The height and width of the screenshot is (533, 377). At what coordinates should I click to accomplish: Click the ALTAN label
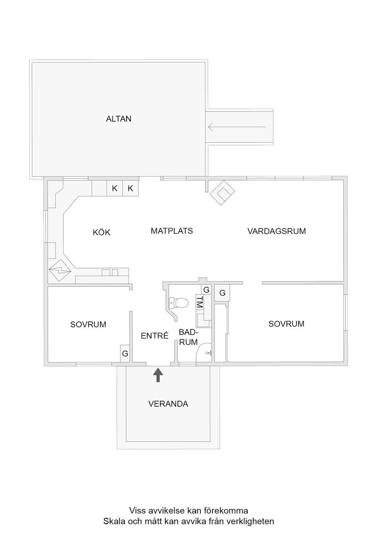coord(119,119)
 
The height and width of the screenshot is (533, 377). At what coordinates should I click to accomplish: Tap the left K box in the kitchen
coord(115,188)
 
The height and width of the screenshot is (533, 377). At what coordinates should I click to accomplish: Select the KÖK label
coord(101,232)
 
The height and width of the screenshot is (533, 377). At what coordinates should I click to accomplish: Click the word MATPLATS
coord(172,231)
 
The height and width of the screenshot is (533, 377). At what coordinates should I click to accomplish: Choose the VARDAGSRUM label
coord(276,231)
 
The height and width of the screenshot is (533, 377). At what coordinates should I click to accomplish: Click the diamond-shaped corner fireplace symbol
coord(222,193)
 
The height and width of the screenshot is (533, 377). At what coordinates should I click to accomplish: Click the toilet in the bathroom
coord(178,303)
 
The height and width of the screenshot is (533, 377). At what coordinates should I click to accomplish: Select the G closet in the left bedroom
coord(125,354)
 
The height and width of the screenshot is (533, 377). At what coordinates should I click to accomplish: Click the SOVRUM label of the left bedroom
coord(88,325)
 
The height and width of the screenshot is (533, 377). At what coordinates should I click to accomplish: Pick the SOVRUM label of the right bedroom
coord(286,324)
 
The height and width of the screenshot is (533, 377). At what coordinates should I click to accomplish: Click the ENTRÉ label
coord(154,336)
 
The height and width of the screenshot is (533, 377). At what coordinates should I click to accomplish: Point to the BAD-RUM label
coord(188,337)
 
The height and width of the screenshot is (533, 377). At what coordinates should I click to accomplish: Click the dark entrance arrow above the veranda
coord(158,375)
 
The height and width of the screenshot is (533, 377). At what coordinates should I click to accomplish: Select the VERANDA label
coord(168,404)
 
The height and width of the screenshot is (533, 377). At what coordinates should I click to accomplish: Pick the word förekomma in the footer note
coord(226,511)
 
